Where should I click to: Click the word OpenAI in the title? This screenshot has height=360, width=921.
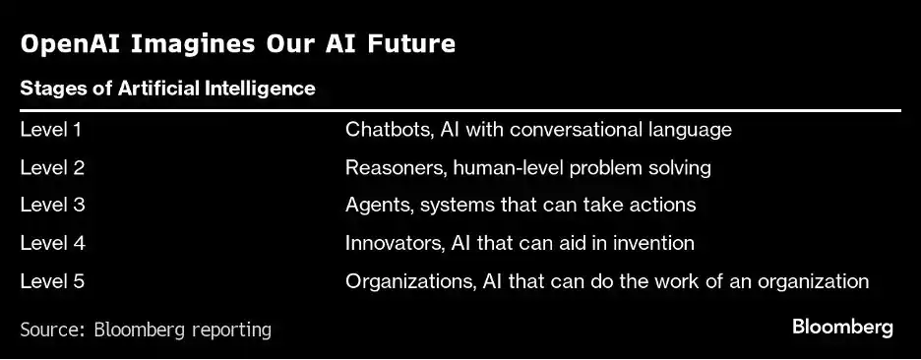tap(69, 45)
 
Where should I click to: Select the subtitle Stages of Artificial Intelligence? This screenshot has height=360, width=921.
tap(167, 89)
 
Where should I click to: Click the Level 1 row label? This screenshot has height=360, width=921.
tap(50, 129)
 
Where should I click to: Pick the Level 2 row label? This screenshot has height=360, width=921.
tap(52, 168)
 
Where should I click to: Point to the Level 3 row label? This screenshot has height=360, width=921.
tap(52, 205)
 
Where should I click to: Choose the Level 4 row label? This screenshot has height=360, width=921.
tap(52, 243)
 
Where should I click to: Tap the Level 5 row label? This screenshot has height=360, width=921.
tap(52, 280)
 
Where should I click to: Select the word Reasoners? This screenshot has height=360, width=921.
tap(393, 168)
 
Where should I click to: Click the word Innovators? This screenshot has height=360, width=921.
tap(394, 243)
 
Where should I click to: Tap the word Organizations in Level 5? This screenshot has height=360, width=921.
tap(410, 282)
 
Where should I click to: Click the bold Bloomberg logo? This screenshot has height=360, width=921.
tap(842, 328)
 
